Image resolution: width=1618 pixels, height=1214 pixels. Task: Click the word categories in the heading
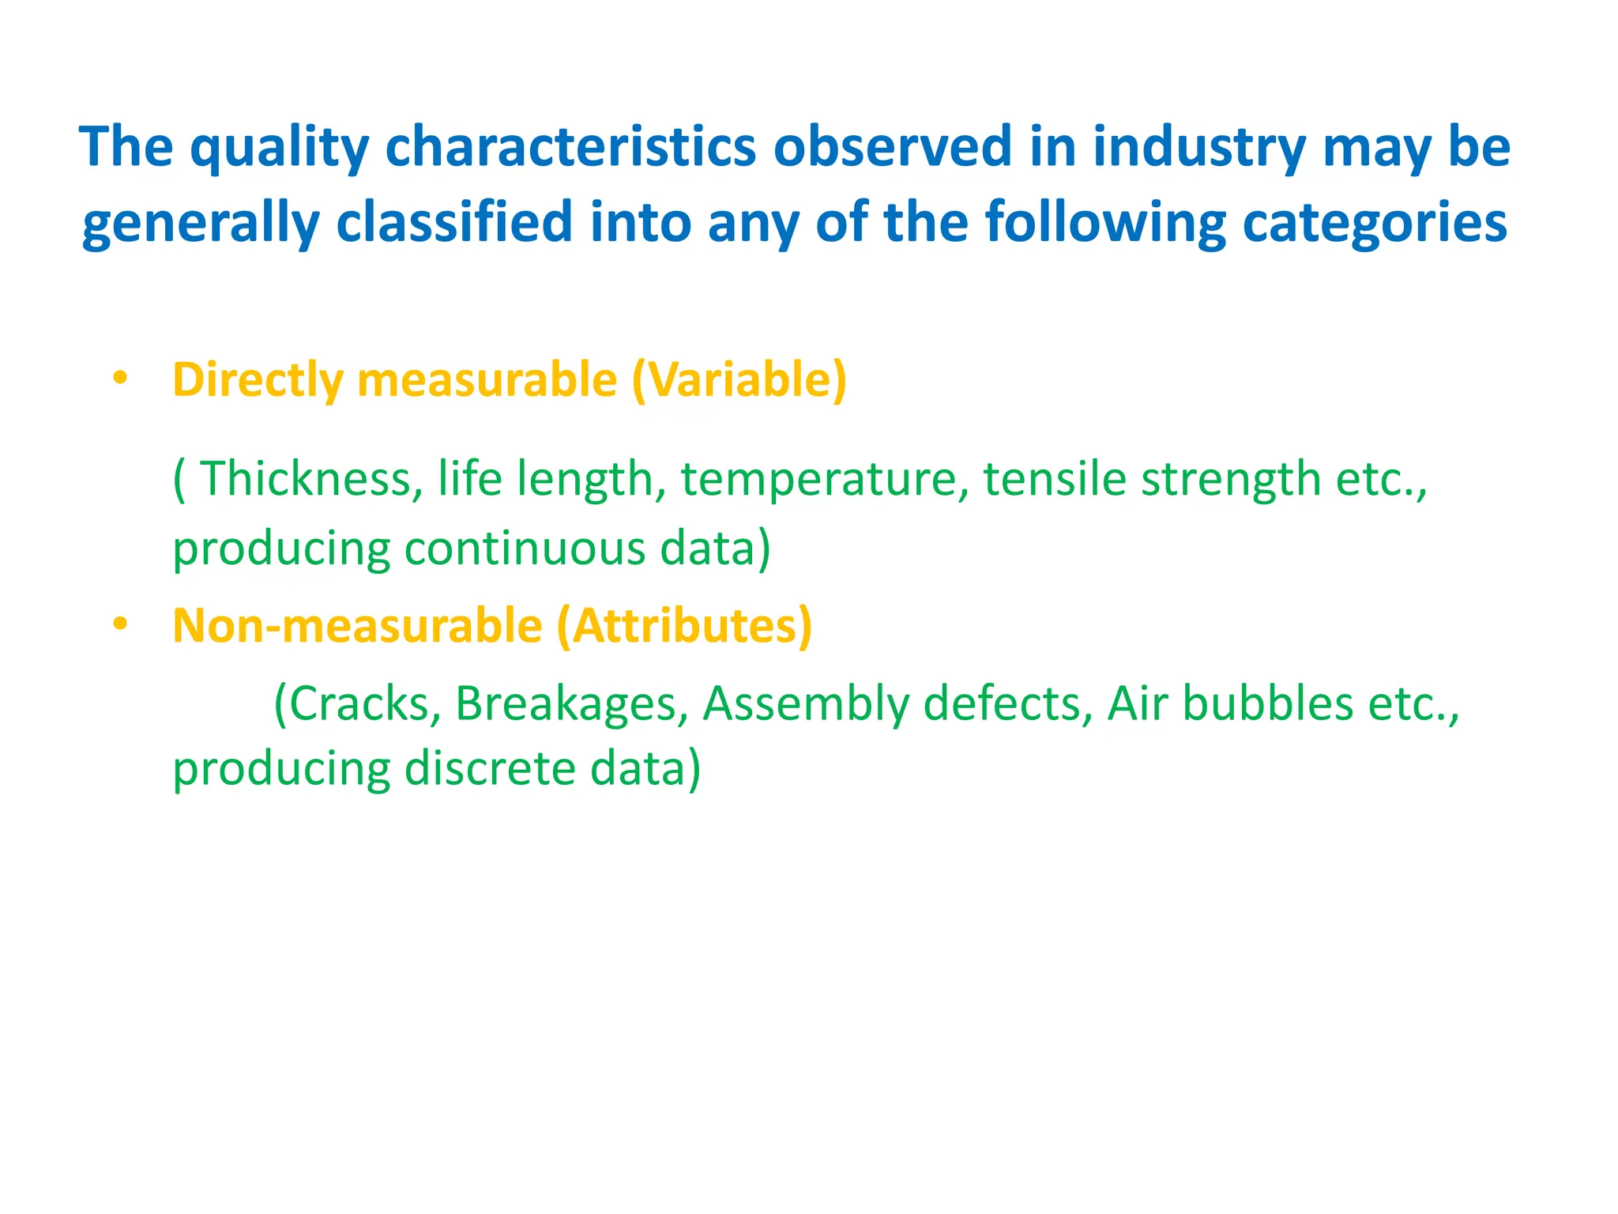1375,224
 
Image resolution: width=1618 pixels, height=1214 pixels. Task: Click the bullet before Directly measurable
119,379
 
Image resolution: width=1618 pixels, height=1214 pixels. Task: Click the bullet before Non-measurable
119,624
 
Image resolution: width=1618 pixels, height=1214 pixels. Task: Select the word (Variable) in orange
739,380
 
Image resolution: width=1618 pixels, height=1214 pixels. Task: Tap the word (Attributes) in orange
684,626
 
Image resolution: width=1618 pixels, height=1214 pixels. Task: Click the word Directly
258,380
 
